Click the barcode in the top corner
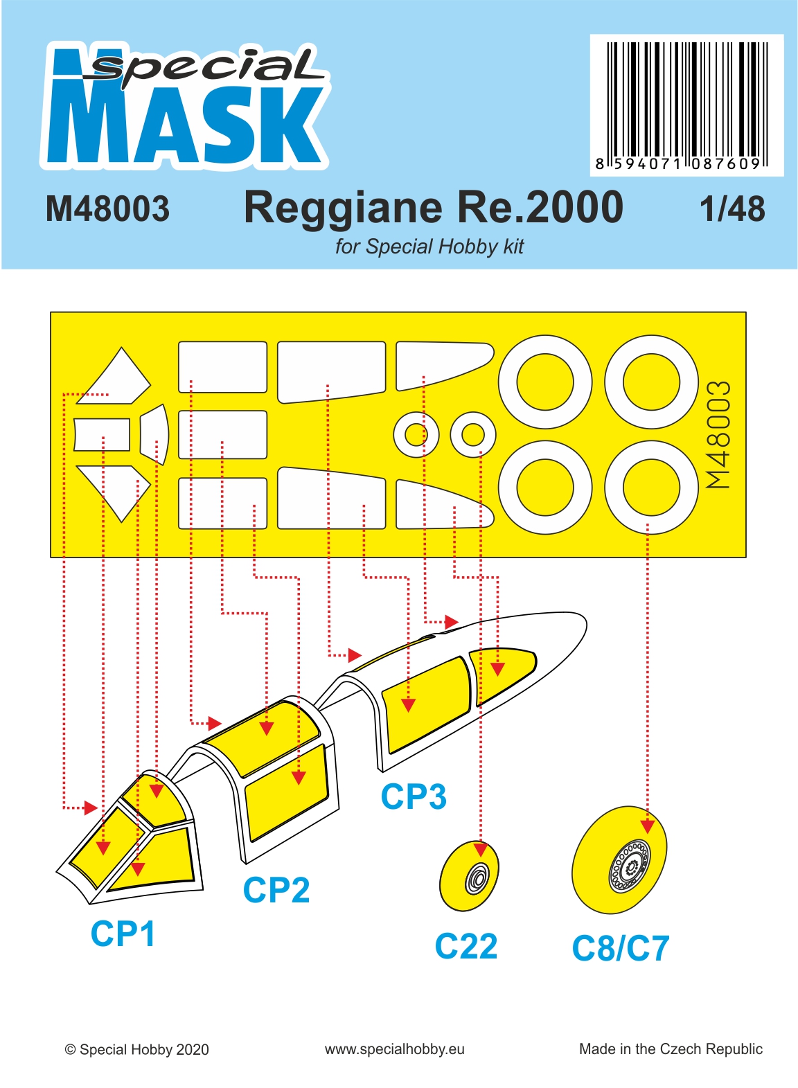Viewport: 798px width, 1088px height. [686, 105]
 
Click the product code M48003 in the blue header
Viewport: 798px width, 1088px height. [107, 209]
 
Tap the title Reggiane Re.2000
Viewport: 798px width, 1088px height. [433, 207]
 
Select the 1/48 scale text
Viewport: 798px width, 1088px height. [732, 209]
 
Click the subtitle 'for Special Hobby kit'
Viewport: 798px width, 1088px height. [429, 247]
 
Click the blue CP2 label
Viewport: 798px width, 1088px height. [276, 890]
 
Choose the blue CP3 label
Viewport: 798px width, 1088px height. [414, 797]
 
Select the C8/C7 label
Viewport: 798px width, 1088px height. [620, 948]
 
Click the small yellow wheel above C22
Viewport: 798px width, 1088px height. [469, 876]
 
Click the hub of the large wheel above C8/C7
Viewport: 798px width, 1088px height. [629, 866]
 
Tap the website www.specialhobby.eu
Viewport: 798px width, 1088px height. [394, 1050]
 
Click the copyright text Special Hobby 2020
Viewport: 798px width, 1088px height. [136, 1050]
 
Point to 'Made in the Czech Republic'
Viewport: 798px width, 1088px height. [671, 1049]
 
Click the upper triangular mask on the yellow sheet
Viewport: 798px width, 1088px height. [113, 376]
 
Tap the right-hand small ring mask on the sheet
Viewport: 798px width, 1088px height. [472, 435]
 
